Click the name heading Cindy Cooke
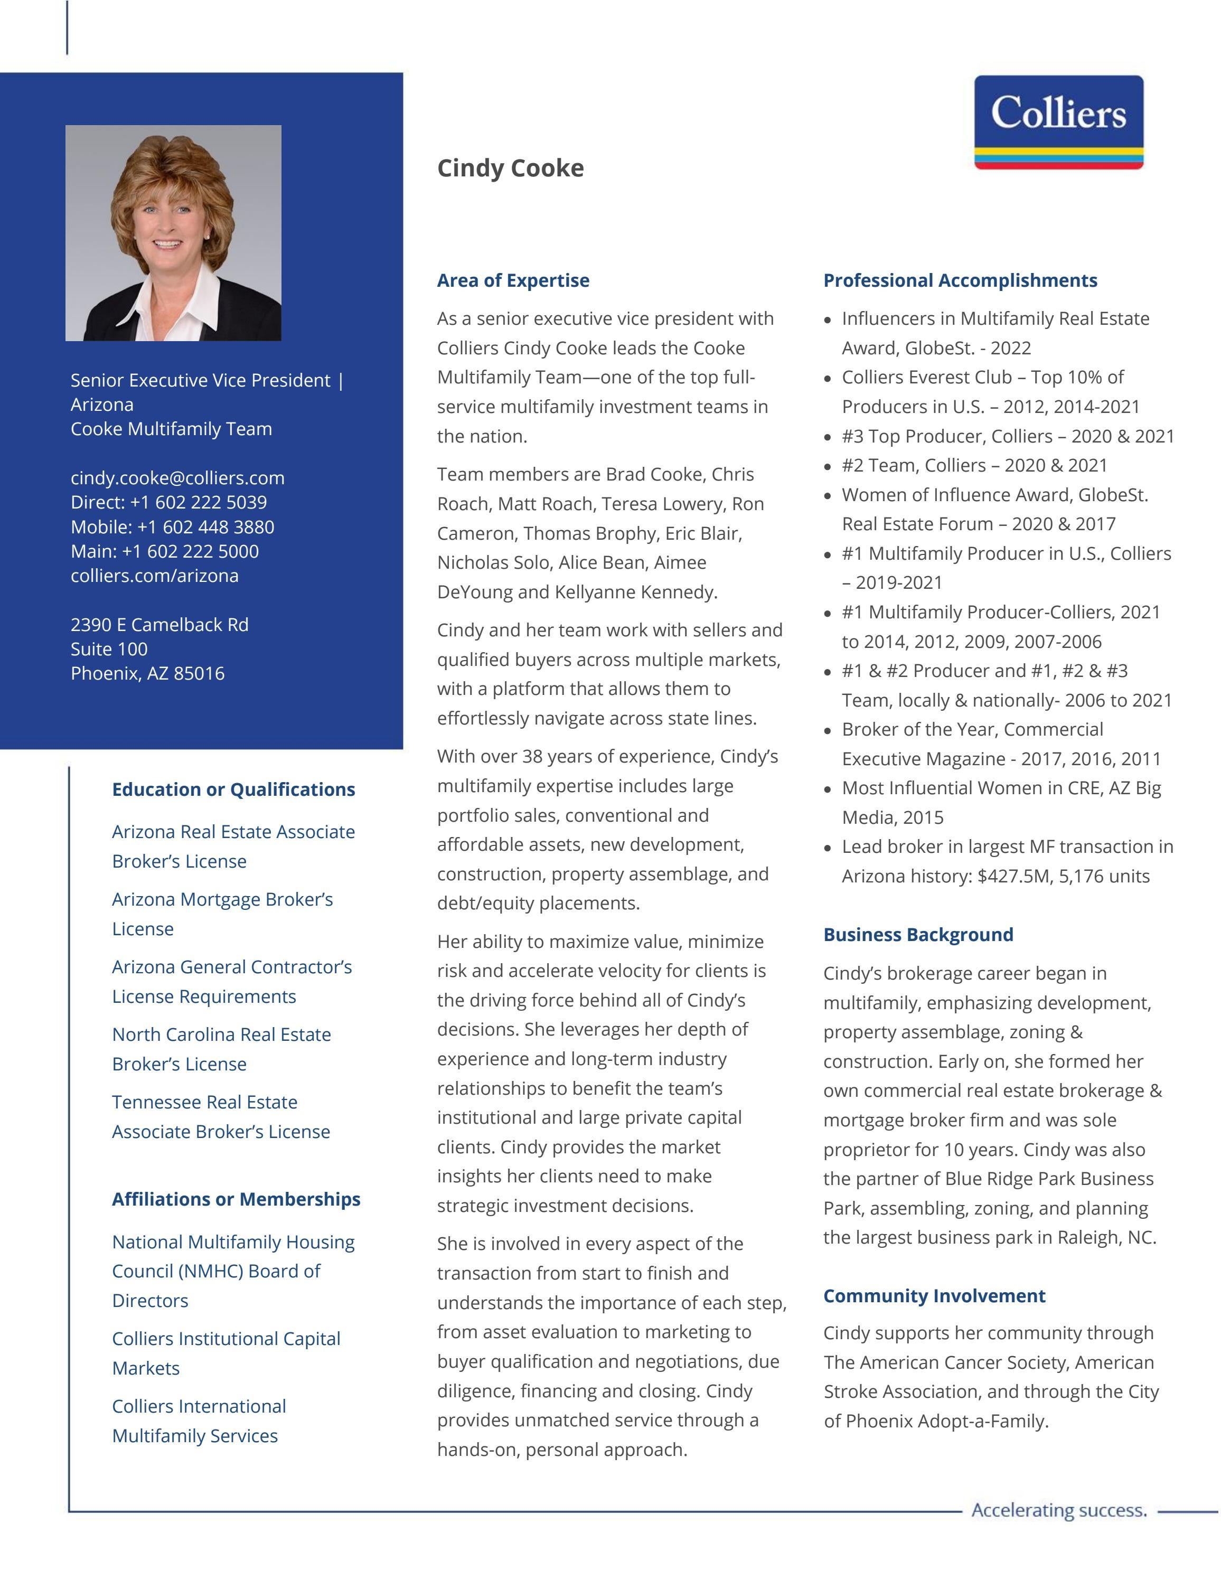tap(510, 168)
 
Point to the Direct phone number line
tap(168, 502)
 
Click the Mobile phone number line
tap(172, 526)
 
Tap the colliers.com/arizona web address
tap(154, 576)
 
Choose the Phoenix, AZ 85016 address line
tap(147, 673)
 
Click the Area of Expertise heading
tap(513, 281)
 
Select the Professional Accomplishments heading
tap(960, 281)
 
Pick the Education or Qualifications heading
tap(233, 789)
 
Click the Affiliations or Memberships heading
tap(236, 1199)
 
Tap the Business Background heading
tap(918, 935)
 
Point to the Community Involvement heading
tap(934, 1296)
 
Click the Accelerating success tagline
tap(1059, 1510)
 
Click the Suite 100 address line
tap(109, 649)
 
